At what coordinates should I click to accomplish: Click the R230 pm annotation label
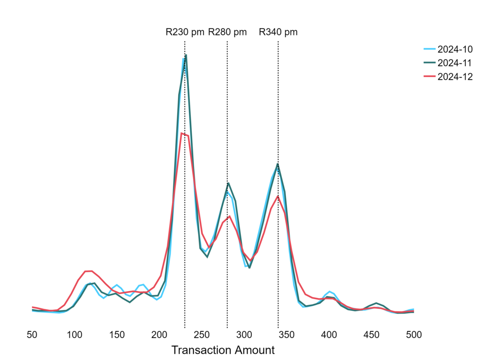click(185, 32)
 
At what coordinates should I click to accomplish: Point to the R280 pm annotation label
click(227, 32)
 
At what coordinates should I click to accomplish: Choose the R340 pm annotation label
click(278, 32)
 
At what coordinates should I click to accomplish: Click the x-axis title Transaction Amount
click(223, 350)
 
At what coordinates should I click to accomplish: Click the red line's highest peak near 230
click(181, 134)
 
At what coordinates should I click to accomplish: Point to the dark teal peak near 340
click(278, 164)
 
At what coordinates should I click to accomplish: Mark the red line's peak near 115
click(89, 271)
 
